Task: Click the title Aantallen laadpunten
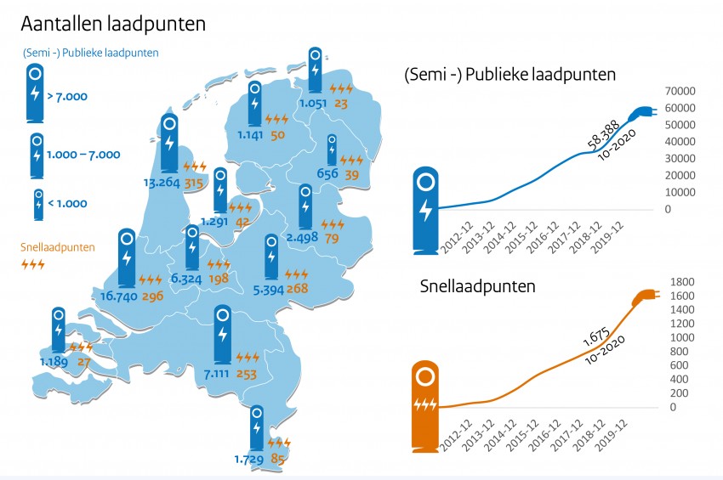[113, 24]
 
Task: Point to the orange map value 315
[196, 182]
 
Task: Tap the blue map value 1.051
[313, 104]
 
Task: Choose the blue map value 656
[327, 174]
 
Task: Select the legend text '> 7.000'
[66, 98]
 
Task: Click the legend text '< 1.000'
[66, 204]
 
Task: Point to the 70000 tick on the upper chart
[680, 91]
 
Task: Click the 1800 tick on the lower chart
[682, 282]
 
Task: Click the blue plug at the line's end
[640, 113]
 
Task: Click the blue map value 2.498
[301, 237]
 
